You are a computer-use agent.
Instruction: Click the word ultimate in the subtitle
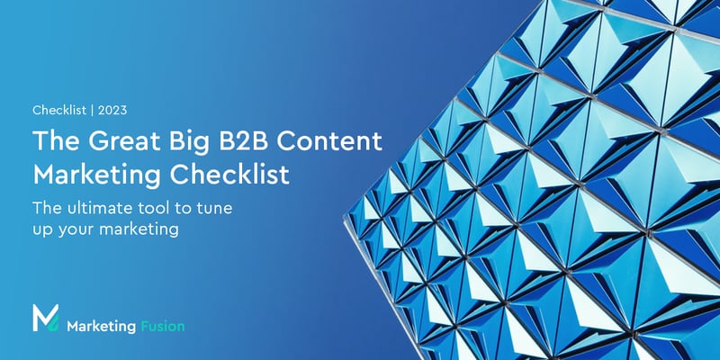coord(104,208)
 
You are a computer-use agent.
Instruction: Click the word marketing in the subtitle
coord(139,230)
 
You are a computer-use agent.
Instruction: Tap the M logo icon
coord(45,319)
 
